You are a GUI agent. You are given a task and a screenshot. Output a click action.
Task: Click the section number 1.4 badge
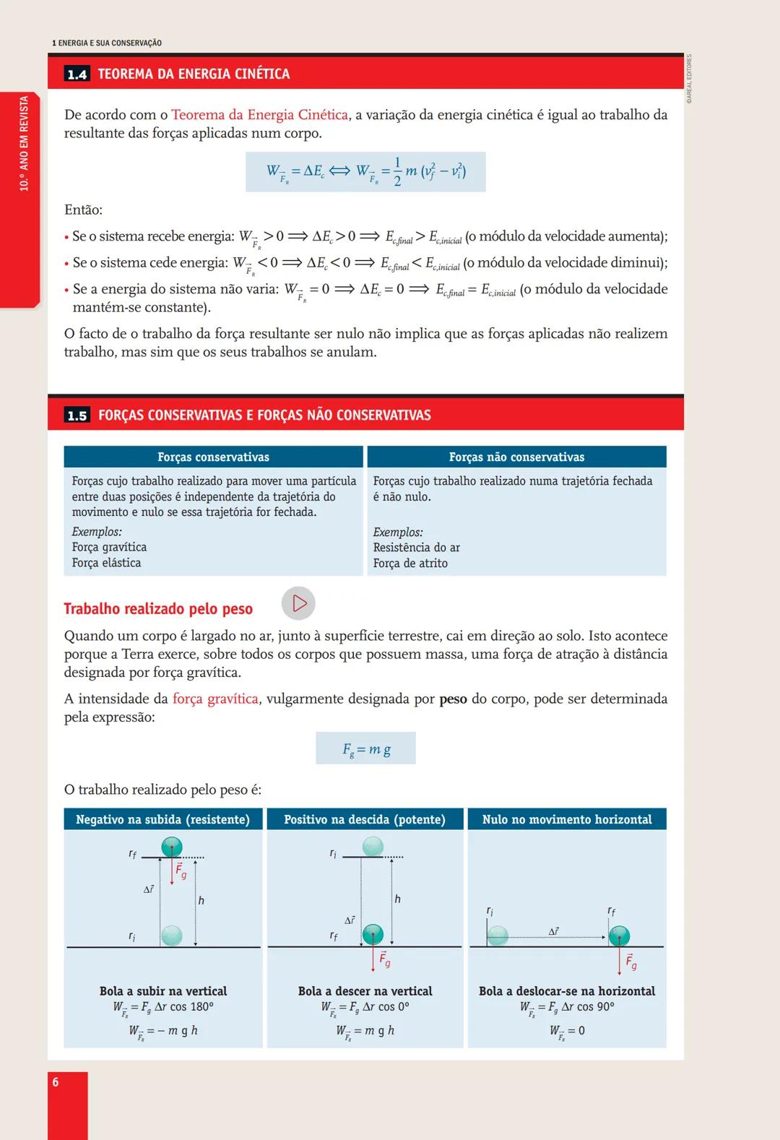pos(77,74)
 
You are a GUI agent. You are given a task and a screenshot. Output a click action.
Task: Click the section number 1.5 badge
pos(77,415)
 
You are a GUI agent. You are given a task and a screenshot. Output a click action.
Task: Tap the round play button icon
pos(298,603)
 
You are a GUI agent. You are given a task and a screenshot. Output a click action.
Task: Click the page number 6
pos(56,1082)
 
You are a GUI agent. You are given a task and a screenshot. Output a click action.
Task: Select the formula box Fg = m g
pos(365,749)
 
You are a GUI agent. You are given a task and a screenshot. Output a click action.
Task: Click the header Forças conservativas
pos(213,457)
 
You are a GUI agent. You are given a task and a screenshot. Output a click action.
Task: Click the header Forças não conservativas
pos(516,457)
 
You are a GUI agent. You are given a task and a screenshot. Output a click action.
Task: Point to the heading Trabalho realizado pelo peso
pos(158,609)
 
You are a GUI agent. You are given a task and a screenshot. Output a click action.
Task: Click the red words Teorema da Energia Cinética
pos(259,115)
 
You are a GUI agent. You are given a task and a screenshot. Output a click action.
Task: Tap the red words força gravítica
pos(215,699)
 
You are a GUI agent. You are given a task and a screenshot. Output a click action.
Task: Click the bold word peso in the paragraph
pos(453,699)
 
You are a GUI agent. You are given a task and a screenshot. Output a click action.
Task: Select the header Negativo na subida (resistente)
pos(162,819)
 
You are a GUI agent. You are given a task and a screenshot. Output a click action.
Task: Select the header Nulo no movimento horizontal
pos(566,819)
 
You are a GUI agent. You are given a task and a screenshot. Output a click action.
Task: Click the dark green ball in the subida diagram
pos(172,847)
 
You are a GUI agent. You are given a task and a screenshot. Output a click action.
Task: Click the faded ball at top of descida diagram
pos(373,846)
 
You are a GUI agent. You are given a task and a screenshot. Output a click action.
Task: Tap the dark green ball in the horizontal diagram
pos(619,936)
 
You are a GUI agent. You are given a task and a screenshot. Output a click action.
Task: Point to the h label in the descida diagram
pos(397,899)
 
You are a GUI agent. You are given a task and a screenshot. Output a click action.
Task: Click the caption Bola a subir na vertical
pos(163,991)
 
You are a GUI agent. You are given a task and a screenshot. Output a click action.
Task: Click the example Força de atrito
pos(410,563)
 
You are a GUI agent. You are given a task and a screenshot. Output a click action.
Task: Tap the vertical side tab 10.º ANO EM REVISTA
pos(24,144)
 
